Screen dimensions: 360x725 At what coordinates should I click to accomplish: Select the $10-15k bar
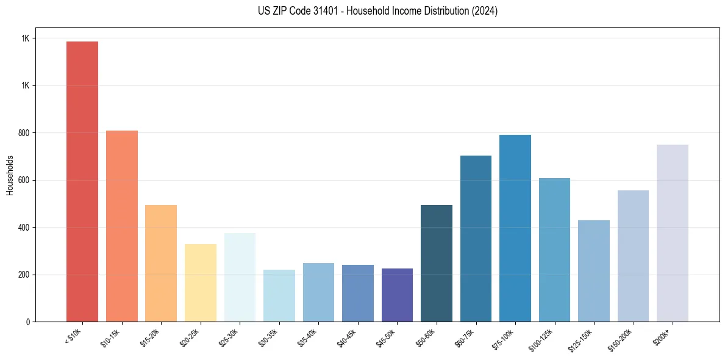tap(122, 226)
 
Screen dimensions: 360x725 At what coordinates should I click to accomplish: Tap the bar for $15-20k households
tap(161, 263)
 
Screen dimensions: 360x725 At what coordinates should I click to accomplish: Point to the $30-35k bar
tap(279, 295)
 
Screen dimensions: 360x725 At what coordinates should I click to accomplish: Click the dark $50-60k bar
tap(437, 263)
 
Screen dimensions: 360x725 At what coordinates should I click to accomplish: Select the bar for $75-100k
tap(515, 228)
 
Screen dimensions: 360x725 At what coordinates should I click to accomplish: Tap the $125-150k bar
tap(594, 271)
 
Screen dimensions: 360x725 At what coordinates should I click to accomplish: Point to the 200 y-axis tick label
tap(23, 275)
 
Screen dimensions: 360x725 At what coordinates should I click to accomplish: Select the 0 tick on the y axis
tap(28, 322)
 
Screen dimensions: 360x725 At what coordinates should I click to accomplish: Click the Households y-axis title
tap(10, 175)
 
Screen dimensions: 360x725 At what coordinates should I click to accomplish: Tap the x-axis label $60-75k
tap(465, 336)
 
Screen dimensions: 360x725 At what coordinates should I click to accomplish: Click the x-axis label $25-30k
tap(229, 336)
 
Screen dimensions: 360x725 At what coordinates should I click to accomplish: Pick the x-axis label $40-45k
tap(347, 336)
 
